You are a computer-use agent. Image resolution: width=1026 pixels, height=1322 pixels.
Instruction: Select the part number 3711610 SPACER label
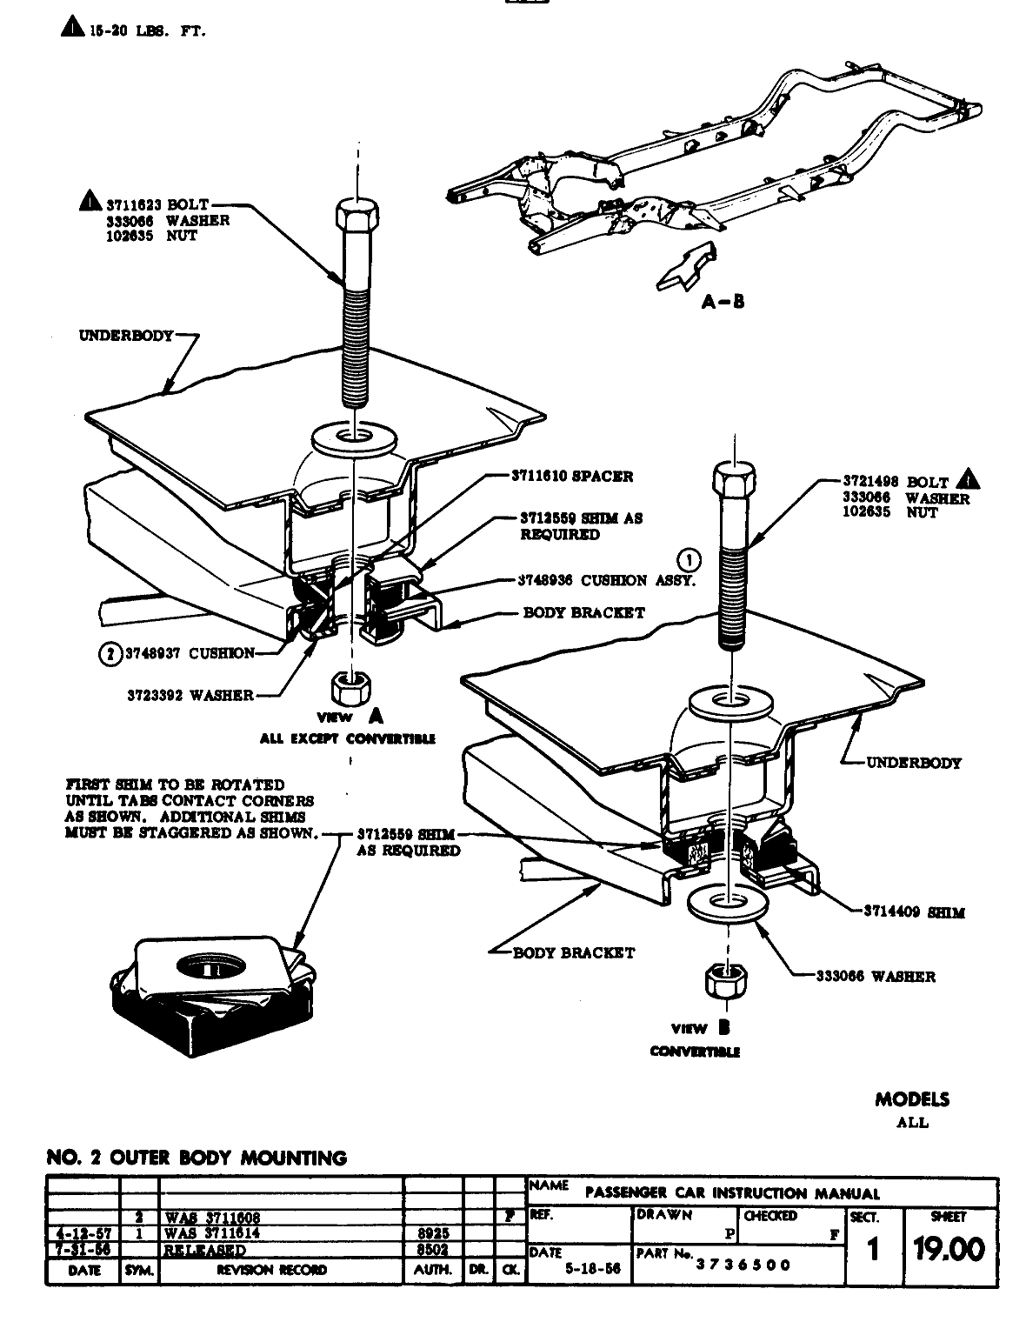pyautogui.click(x=571, y=477)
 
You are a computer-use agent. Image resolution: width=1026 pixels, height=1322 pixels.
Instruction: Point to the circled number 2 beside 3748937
pyautogui.click(x=110, y=653)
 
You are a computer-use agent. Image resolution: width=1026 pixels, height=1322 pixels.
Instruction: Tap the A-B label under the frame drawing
pyautogui.click(x=723, y=302)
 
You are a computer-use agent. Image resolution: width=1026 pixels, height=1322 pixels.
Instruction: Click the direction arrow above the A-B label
pyautogui.click(x=687, y=266)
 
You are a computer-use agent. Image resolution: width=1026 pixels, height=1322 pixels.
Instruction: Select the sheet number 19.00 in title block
pyautogui.click(x=949, y=1250)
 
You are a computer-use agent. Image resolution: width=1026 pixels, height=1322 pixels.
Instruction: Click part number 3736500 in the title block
pyautogui.click(x=743, y=1265)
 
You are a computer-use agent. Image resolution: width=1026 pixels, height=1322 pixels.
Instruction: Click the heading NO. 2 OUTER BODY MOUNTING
pyautogui.click(x=197, y=1158)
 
